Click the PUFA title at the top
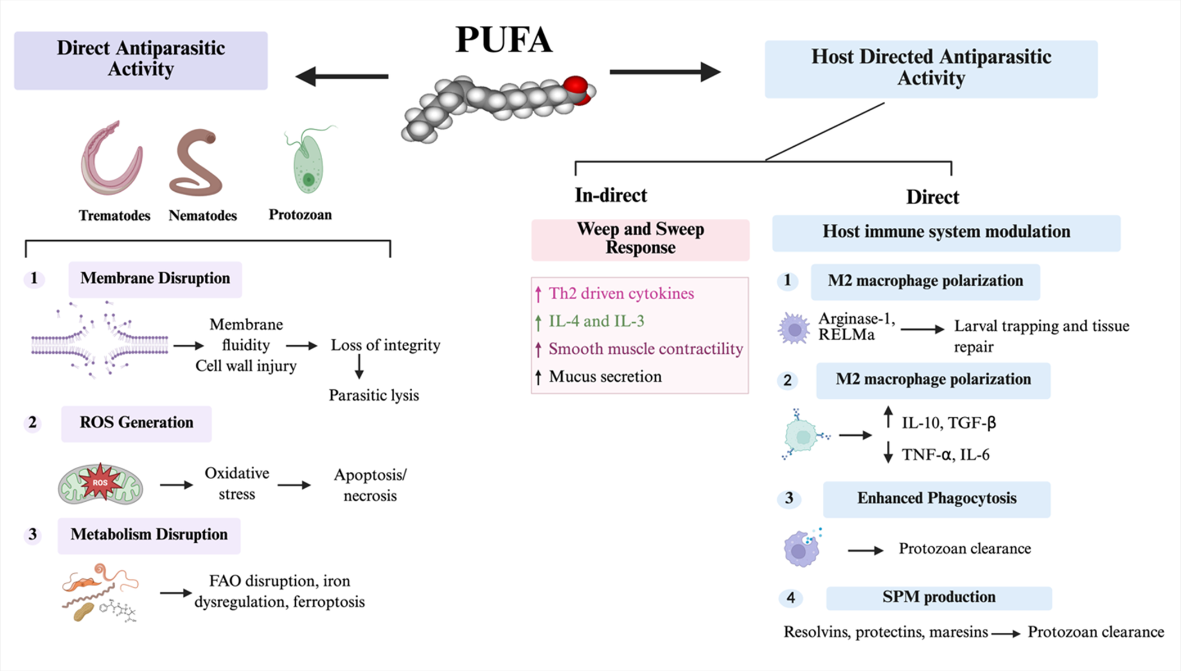(x=503, y=39)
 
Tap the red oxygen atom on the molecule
(x=576, y=87)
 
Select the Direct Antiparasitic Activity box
(x=141, y=60)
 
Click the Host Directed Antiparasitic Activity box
(x=931, y=69)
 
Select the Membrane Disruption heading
(x=155, y=279)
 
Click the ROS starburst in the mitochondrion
(x=100, y=483)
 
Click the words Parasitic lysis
(x=374, y=395)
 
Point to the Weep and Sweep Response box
(x=641, y=240)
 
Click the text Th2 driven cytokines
(x=621, y=294)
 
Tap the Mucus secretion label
(x=605, y=377)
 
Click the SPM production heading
(x=939, y=598)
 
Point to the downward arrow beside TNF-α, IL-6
(x=888, y=452)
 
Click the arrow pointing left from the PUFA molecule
(x=342, y=76)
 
